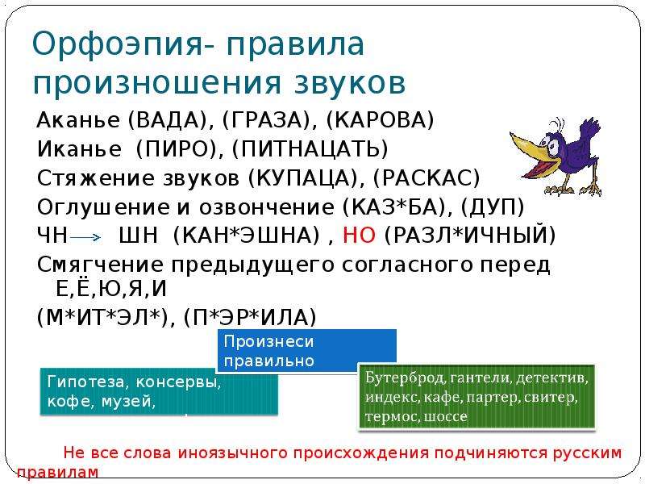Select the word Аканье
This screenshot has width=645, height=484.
[x=78, y=120]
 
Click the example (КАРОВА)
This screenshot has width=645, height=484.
[x=380, y=120]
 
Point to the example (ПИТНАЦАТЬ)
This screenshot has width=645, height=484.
[x=310, y=149]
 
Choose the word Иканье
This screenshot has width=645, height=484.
[x=79, y=149]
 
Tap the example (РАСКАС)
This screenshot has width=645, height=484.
[x=427, y=178]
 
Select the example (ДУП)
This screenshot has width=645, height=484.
[x=493, y=207]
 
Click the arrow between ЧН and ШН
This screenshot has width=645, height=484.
[x=85, y=237]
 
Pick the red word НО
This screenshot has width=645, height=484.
[x=359, y=236]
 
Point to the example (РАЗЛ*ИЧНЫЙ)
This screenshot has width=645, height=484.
[x=470, y=236]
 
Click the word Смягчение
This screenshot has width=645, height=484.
[x=100, y=265]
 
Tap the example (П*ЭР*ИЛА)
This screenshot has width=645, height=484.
[x=250, y=318]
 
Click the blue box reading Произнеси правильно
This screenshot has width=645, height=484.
[x=306, y=351]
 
